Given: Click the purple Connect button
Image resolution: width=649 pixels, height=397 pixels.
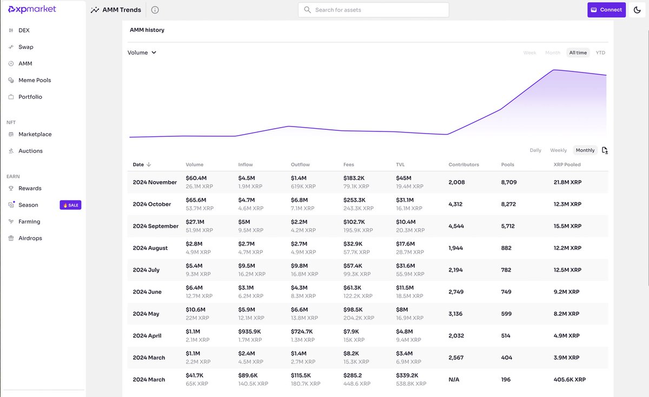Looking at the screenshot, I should (x=606, y=10).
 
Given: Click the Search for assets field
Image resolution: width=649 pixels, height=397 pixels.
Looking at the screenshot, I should (x=373, y=10).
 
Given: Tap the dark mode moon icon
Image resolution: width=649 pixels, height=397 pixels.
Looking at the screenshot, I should (x=637, y=10).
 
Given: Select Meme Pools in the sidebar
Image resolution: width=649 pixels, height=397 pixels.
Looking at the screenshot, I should (x=35, y=80).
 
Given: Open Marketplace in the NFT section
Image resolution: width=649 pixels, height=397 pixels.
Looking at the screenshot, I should (x=35, y=134).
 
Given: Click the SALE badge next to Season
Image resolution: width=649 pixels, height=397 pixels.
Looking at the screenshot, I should (x=70, y=205).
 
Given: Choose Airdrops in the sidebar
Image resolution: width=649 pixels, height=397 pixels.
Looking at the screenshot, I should (x=30, y=238).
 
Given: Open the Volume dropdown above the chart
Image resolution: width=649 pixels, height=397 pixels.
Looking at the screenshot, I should (x=142, y=52).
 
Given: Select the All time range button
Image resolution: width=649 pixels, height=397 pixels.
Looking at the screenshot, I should (x=578, y=52).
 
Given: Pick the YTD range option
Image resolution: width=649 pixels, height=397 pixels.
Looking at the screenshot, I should (x=600, y=52).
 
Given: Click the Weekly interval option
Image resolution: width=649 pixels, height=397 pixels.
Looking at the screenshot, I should (x=558, y=150).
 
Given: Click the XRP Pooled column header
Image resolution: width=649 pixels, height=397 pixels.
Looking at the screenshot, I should (x=567, y=164).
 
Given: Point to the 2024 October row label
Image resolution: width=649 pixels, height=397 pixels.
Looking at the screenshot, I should (x=151, y=204).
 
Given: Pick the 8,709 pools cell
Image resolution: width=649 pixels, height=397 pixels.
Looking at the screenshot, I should (x=509, y=182).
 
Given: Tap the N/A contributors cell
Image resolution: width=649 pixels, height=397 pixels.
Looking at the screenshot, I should (x=454, y=380).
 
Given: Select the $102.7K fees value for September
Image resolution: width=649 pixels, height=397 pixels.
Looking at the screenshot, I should (x=355, y=222).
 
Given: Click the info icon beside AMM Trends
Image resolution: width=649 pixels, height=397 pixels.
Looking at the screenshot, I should (x=155, y=10).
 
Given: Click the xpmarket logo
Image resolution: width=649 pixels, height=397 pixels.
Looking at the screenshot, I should (x=32, y=10).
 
